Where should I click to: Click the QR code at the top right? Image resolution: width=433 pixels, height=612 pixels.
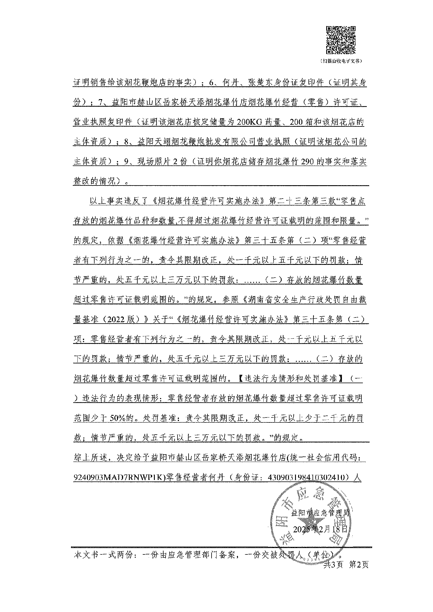(x=341, y=40)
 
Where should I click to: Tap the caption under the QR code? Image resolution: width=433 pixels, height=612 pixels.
(x=341, y=61)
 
